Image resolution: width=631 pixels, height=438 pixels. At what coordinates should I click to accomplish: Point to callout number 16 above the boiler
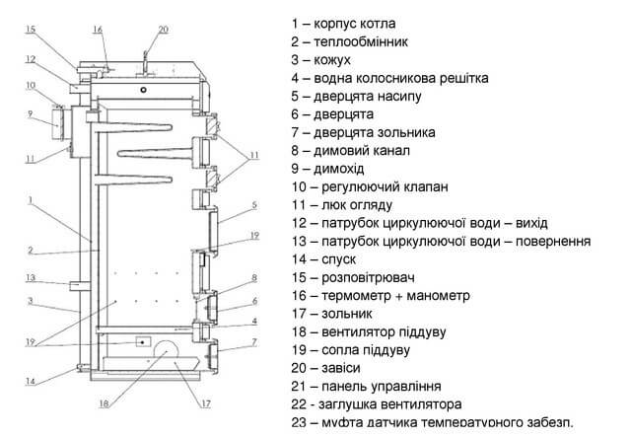(99, 29)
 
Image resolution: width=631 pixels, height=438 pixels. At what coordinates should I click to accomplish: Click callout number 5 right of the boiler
(253, 205)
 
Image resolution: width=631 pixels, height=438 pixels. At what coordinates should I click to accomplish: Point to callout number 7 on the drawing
(253, 341)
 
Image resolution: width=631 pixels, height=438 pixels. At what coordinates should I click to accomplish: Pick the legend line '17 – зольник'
(345, 314)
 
